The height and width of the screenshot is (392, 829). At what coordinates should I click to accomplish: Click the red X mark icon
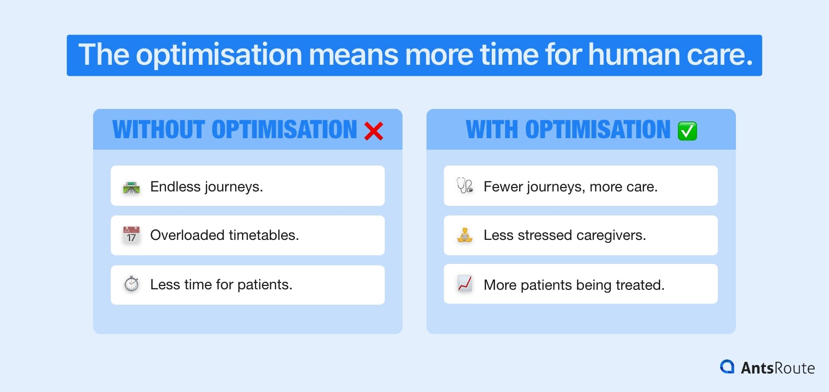pyautogui.click(x=373, y=131)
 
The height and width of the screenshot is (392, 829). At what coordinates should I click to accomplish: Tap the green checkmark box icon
pyautogui.click(x=687, y=131)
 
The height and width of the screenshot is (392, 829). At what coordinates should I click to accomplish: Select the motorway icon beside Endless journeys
pyautogui.click(x=131, y=187)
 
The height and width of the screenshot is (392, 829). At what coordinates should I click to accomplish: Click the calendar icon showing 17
pyautogui.click(x=131, y=235)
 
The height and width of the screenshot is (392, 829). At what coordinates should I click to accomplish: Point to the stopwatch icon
pyautogui.click(x=131, y=284)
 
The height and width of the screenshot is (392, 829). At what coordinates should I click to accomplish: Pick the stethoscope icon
pyautogui.click(x=464, y=186)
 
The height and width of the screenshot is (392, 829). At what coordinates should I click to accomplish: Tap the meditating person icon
pyautogui.click(x=464, y=235)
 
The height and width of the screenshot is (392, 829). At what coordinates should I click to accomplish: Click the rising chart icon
pyautogui.click(x=464, y=284)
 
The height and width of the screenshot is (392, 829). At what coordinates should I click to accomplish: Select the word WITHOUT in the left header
pyautogui.click(x=159, y=130)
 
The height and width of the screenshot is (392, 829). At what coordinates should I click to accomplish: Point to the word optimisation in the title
pyautogui.click(x=219, y=55)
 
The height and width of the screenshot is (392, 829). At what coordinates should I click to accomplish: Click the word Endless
pyautogui.click(x=175, y=187)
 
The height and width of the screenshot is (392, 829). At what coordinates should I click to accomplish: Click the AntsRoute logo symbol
pyautogui.click(x=727, y=367)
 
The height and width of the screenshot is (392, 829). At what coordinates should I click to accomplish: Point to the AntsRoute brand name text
pyautogui.click(x=778, y=368)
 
